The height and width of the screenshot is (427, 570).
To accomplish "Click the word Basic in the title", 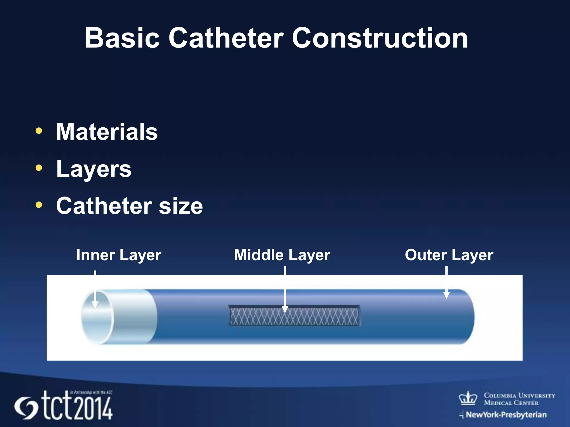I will click(122, 38).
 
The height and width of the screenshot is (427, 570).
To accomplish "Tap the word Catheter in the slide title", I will click(226, 38).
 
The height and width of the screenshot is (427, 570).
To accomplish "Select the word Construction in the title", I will click(380, 38).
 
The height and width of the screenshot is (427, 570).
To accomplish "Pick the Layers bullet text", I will click(94, 169).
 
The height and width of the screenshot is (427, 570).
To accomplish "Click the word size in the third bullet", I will click(181, 206).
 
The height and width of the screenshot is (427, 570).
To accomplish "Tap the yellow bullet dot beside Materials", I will click(39, 131).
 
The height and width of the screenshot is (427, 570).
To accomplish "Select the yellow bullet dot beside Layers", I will click(39, 168).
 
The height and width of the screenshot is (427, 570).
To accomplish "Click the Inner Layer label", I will click(119, 255).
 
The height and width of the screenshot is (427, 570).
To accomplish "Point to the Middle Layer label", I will click(282, 255).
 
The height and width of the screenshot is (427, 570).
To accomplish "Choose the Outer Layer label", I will click(449, 255).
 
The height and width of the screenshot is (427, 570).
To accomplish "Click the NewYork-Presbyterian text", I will click(506, 415).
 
